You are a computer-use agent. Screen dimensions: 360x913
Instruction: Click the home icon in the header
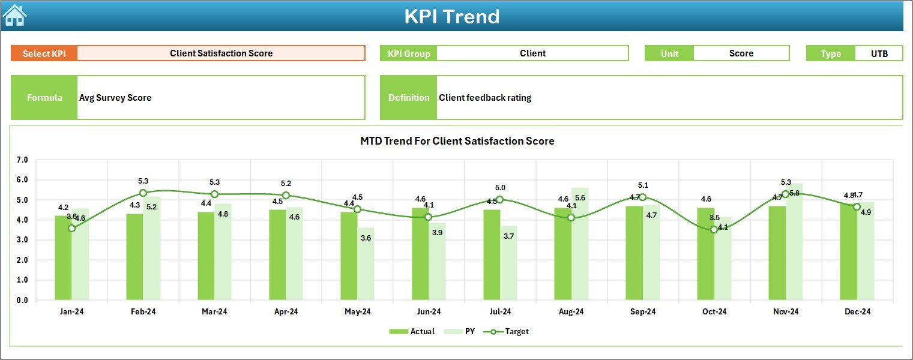[14, 15]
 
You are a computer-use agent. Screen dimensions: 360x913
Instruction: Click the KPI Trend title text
[451, 16]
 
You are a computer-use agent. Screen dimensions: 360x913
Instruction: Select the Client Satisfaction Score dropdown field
[221, 53]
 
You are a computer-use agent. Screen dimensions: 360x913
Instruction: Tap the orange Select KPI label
[44, 53]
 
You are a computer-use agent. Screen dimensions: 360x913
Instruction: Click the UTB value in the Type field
[879, 53]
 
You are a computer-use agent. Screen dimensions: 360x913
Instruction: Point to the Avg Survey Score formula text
[115, 98]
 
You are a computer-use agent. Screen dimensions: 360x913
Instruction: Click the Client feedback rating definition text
[484, 98]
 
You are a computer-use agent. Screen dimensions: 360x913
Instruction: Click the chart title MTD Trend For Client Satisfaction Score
[457, 141]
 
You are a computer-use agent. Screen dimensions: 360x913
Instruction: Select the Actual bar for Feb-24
[134, 257]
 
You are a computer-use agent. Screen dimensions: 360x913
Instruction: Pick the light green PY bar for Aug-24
[580, 244]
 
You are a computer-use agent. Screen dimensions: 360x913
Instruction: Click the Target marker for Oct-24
[714, 229]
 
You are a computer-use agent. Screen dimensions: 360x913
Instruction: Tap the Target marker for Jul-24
[499, 200]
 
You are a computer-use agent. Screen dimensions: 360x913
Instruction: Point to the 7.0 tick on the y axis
[22, 160]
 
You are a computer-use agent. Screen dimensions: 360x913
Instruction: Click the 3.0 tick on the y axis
[22, 240]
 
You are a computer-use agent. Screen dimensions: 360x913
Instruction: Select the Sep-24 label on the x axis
[642, 312]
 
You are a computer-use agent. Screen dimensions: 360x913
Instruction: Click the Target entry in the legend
[516, 331]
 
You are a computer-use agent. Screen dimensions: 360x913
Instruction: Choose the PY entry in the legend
[469, 331]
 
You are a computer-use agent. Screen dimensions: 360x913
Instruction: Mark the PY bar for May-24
[366, 264]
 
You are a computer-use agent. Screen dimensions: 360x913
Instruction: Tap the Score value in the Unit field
[741, 53]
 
